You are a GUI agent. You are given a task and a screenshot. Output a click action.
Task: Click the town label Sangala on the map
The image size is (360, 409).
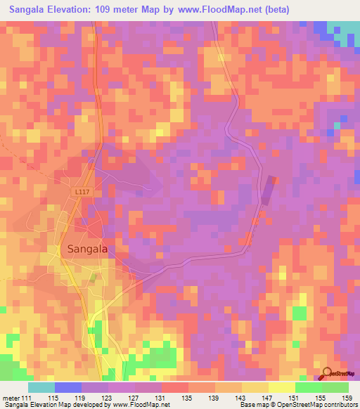click(87, 248)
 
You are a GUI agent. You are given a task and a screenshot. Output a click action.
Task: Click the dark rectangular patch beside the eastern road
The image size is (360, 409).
click(267, 190)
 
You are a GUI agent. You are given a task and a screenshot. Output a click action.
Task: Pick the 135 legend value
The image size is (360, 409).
click(188, 398)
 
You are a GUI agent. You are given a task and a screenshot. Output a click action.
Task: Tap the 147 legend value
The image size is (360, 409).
click(268, 398)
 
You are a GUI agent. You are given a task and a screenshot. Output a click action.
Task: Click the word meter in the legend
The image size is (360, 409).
click(11, 398)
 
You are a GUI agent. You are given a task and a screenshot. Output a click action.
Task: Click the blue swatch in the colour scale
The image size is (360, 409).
click(67, 387)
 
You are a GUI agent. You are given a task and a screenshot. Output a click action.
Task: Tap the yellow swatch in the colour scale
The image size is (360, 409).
click(281, 387)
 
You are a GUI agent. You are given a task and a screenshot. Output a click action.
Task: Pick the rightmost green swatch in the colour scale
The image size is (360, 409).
click(335, 387)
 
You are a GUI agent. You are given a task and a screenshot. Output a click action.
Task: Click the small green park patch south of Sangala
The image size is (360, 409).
click(91, 278)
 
